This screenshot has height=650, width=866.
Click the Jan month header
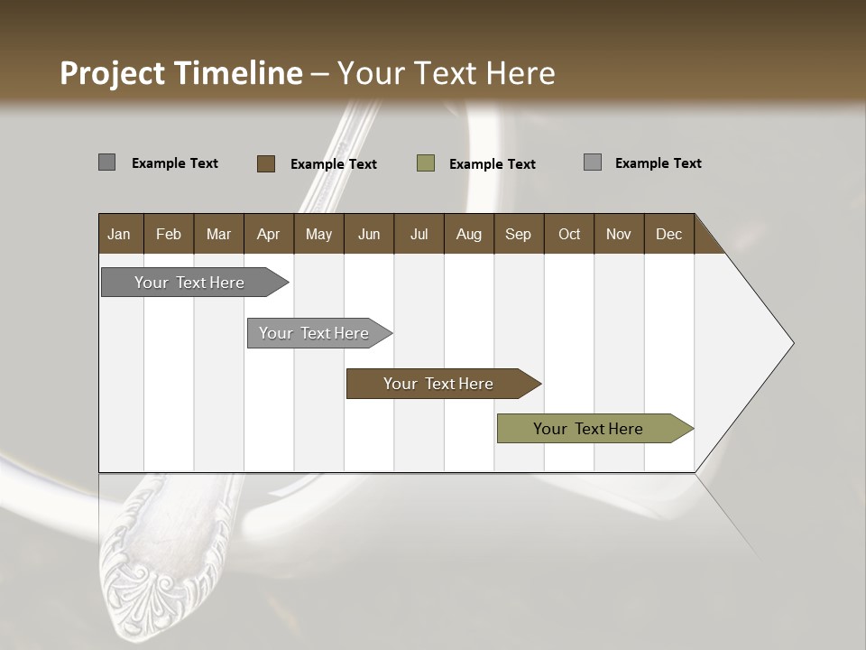119,234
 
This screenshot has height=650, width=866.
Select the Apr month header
269,234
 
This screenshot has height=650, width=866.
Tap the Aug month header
469,234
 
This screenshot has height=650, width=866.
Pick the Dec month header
669,234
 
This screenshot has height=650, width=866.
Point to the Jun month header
369,234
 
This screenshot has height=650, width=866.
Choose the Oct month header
569,234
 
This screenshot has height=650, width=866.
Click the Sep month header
519,234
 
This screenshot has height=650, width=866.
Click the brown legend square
266,163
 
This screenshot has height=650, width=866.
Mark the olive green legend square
426,163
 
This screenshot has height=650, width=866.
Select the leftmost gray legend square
107,162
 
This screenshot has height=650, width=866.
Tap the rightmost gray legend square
593,162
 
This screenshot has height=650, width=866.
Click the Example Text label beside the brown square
334,164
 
